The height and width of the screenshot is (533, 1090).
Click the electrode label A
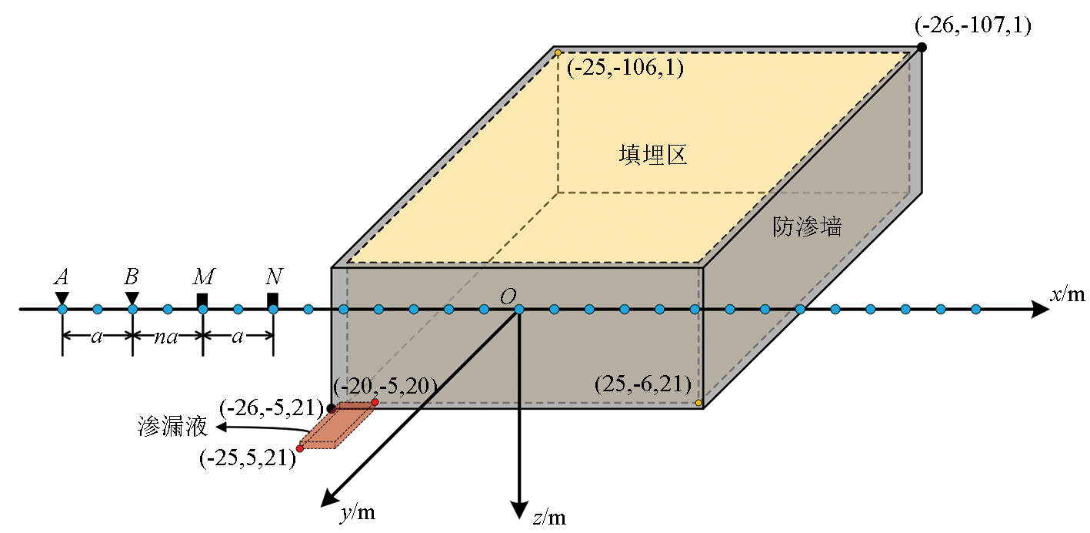pyautogui.click(x=62, y=277)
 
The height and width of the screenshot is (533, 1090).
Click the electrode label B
pyautogui.click(x=132, y=277)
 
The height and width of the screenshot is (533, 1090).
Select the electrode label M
pyautogui.click(x=204, y=277)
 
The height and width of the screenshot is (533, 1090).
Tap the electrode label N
pyautogui.click(x=273, y=277)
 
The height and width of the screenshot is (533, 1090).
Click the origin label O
pyautogui.click(x=507, y=297)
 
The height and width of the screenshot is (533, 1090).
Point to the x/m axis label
pyautogui.click(x=1068, y=294)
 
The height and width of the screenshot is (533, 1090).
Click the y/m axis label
pyautogui.click(x=358, y=511)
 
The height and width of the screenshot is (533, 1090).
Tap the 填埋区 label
pyautogui.click(x=652, y=155)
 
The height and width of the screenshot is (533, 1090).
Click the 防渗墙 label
pyautogui.click(x=807, y=226)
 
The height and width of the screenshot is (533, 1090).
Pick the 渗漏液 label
pyautogui.click(x=172, y=427)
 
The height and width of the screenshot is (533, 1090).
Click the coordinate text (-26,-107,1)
pyautogui.click(x=972, y=26)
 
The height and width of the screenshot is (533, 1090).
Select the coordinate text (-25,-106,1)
pyautogui.click(x=625, y=68)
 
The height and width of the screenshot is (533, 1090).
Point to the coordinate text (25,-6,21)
pyautogui.click(x=642, y=383)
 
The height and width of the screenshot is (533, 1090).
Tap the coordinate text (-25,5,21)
pyautogui.click(x=247, y=458)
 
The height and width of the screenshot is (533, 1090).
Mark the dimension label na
pyautogui.click(x=165, y=336)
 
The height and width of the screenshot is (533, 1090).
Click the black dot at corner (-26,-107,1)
pyautogui.click(x=922, y=47)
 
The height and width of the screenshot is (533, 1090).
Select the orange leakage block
pyautogui.click(x=337, y=425)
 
